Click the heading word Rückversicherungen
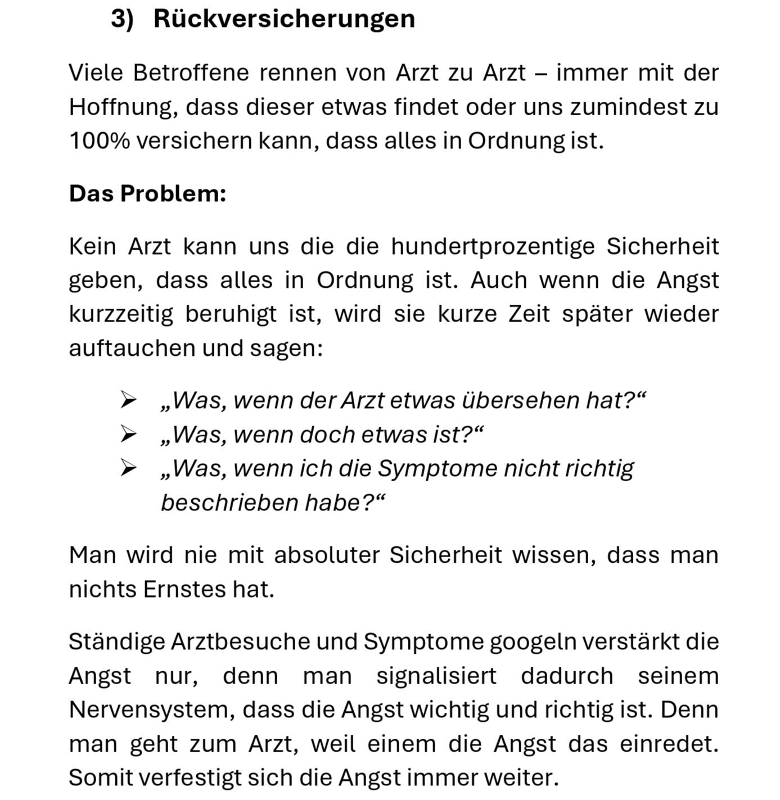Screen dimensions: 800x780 (x=284, y=19)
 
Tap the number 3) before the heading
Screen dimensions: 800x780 (x=122, y=19)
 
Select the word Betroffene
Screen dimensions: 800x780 (x=191, y=73)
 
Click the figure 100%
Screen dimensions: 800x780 (x=99, y=141)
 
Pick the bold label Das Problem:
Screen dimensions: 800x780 (x=147, y=193)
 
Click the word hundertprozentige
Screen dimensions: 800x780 (x=493, y=246)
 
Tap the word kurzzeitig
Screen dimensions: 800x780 (x=121, y=314)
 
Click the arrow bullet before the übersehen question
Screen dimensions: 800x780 (x=128, y=400)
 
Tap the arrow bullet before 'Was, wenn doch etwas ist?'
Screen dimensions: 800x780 (x=128, y=435)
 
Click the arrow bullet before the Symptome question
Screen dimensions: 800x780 (x=128, y=468)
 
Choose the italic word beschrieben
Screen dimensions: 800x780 (x=229, y=503)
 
